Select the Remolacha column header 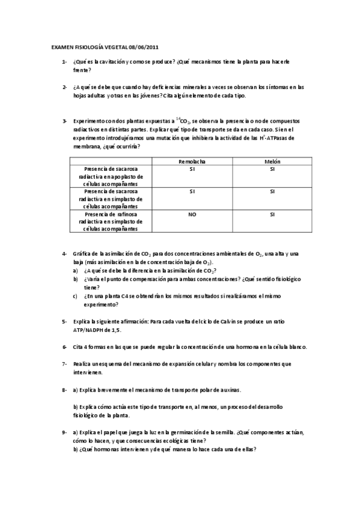tap(192, 162)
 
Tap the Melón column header tap(272, 162)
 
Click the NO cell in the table tap(192, 214)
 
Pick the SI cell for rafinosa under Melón tap(272, 214)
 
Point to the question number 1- tap(64, 62)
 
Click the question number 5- tap(64, 322)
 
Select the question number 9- tap(64, 432)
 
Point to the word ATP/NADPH tap(91, 330)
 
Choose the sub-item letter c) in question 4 tap(76, 296)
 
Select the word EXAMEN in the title tap(61, 46)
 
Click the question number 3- tap(64, 121)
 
